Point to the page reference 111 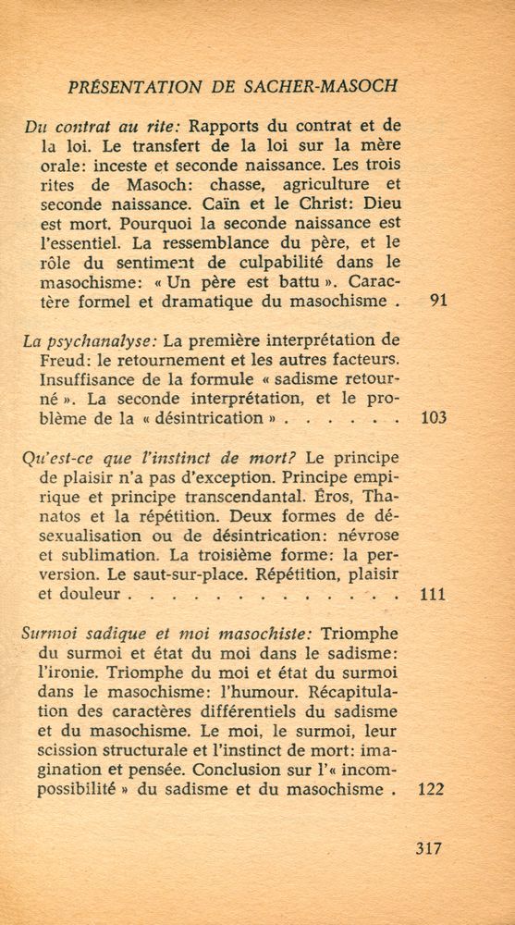pos(433,595)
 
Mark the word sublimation pos(102,556)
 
